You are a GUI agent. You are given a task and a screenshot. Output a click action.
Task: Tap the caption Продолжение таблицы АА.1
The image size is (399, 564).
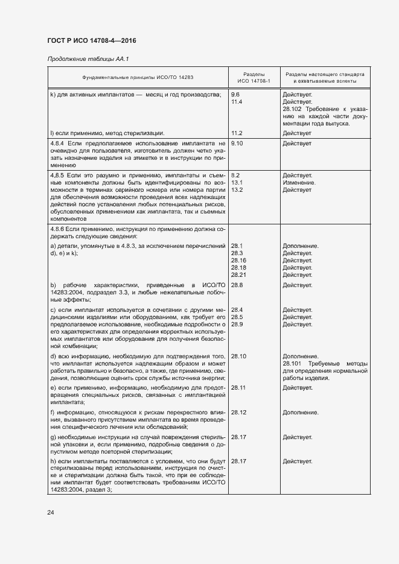[88, 59]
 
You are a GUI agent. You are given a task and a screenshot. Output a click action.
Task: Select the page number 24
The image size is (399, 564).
[50, 513]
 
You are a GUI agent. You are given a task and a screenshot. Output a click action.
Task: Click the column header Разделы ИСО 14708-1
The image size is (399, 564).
[254, 77]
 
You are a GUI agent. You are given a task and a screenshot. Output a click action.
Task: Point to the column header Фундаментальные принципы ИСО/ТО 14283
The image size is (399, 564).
[138, 77]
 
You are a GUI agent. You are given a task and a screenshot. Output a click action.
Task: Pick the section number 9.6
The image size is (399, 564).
[235, 95]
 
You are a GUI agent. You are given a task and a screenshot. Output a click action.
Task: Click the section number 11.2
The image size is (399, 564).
[237, 133]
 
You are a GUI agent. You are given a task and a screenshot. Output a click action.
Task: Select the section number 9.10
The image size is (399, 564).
[237, 144]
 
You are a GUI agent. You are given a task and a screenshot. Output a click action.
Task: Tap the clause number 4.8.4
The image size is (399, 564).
[58, 144]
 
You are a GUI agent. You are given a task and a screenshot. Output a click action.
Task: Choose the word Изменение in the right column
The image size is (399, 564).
[298, 182]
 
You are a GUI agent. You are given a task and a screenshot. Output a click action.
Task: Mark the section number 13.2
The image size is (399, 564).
[237, 190]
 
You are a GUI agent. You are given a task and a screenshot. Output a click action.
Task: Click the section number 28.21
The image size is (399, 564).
[239, 275]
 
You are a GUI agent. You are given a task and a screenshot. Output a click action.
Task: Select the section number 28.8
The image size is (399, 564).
[237, 285]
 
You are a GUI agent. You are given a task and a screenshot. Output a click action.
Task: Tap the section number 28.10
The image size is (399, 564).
[239, 356]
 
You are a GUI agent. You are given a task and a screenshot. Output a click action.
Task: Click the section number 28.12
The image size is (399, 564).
[239, 413]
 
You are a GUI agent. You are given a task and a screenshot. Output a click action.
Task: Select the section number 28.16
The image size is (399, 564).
[239, 261]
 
